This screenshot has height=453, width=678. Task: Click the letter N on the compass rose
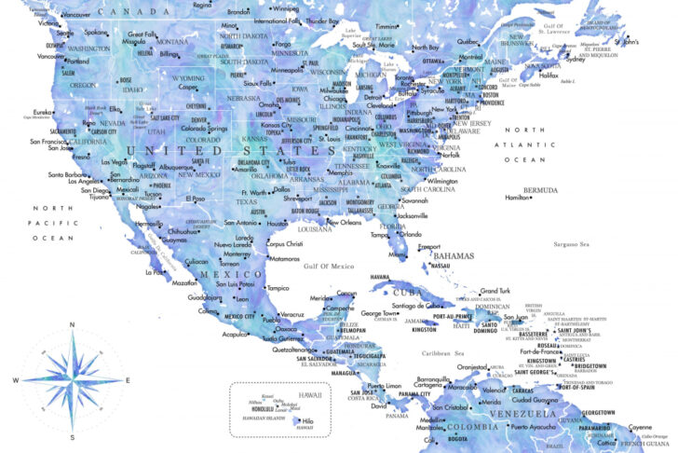73,325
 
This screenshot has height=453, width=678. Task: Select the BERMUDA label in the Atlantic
540,190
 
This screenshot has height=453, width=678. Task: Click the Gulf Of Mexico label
331,266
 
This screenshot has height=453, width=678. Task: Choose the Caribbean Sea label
442,353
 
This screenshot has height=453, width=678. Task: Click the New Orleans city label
344,223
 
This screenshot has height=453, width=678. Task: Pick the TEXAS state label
247,201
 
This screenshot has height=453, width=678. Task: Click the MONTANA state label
171,42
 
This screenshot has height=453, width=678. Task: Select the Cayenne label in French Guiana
642,426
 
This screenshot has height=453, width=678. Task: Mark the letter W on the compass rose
16,381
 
